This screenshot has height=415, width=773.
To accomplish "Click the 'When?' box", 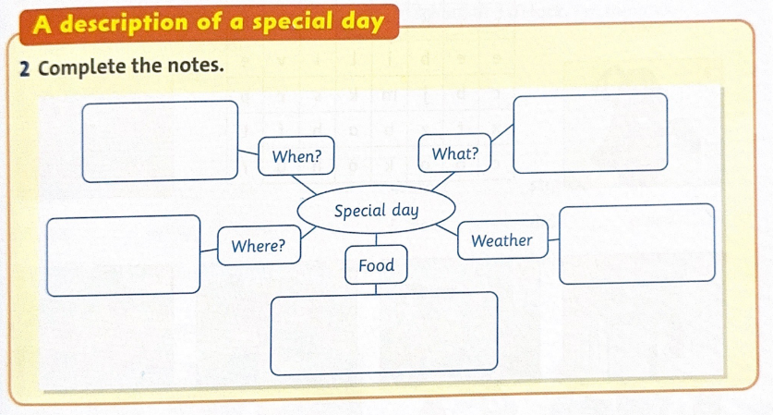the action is point(296,155).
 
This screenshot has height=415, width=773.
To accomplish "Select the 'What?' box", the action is point(454,153).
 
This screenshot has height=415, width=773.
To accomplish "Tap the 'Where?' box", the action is point(259,245).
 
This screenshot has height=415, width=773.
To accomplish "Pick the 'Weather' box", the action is point(502,239).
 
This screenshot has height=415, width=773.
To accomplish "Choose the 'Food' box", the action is point(376,265).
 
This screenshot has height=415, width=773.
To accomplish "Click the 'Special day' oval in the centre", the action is point(376,210).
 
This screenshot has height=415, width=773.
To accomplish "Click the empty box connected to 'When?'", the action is point(160,141).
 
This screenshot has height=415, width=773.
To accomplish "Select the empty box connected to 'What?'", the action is point(590,133).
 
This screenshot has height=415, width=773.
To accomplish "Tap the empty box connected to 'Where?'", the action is point(123,256).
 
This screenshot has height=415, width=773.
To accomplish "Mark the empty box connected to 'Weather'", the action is point(637,244).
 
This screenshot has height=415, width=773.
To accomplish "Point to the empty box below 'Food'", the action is point(384,333).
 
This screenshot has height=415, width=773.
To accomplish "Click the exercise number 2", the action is point(25,69).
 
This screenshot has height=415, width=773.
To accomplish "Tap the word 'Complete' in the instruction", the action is point(82,67).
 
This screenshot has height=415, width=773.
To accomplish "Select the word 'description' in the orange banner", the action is point(124,23).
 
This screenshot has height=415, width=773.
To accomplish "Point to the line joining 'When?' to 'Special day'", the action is point(304,185).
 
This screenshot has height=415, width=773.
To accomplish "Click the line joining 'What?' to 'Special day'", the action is point(443,181).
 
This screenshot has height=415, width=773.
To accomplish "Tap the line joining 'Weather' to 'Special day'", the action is point(447,229).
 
